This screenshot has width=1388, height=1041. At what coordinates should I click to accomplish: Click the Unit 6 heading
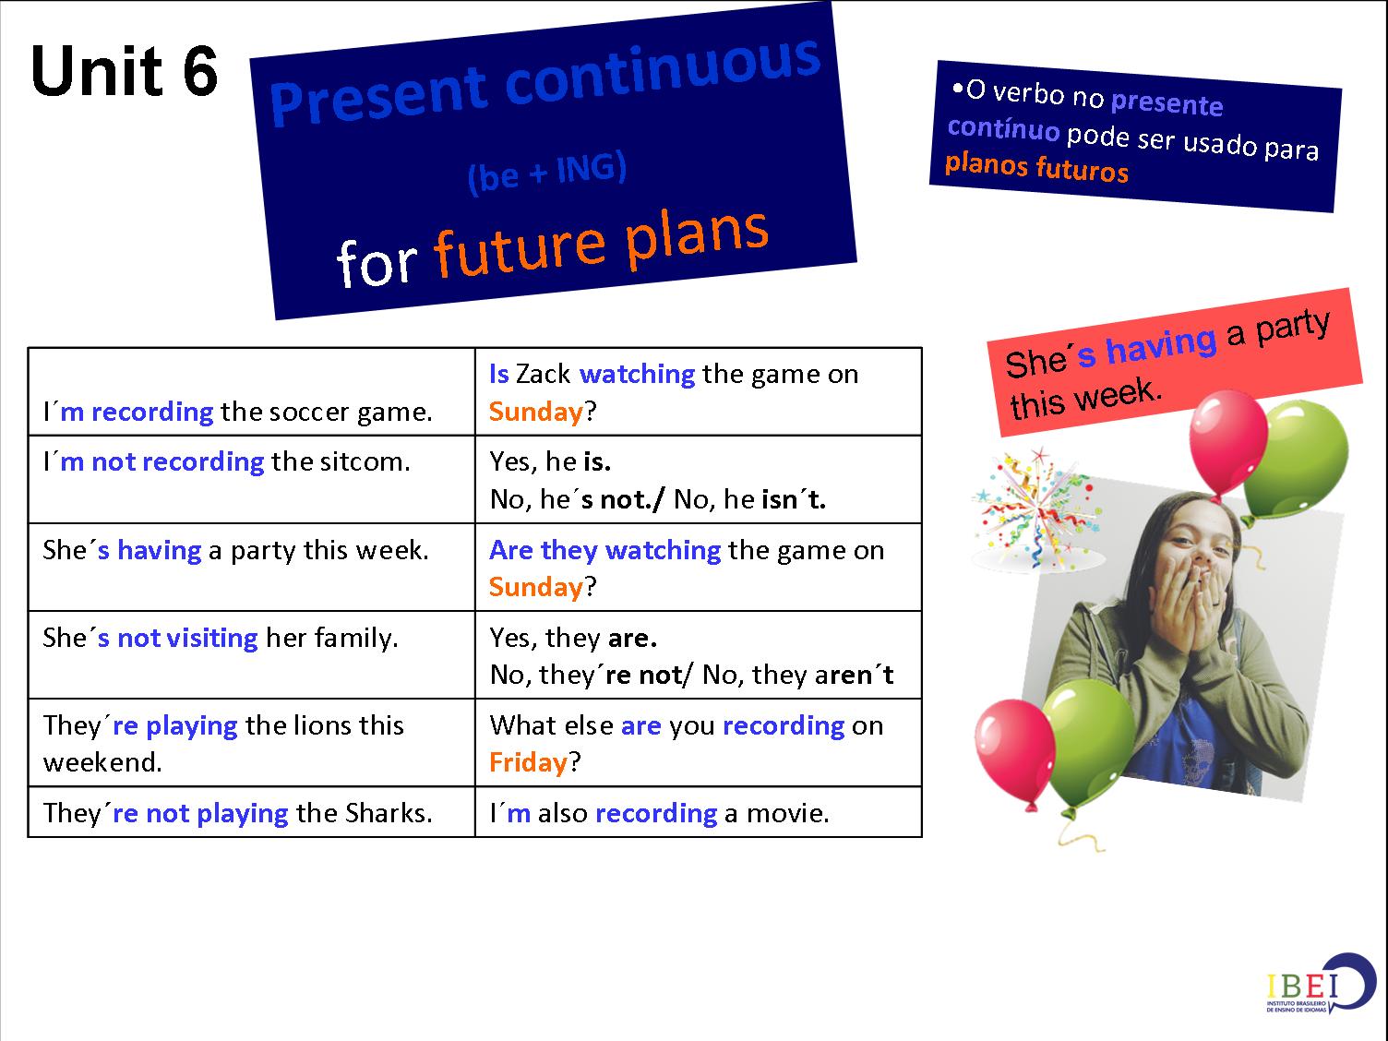point(124,71)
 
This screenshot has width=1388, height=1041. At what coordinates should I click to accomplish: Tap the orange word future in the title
point(517,247)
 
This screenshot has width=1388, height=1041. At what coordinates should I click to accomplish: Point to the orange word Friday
point(528,762)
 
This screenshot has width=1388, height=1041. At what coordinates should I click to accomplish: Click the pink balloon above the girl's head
point(1227,433)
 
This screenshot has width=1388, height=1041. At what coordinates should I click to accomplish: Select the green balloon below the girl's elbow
point(1094,747)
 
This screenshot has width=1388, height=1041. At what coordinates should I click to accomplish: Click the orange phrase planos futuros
point(1036,167)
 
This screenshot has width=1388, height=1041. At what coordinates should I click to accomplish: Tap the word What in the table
point(522,725)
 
